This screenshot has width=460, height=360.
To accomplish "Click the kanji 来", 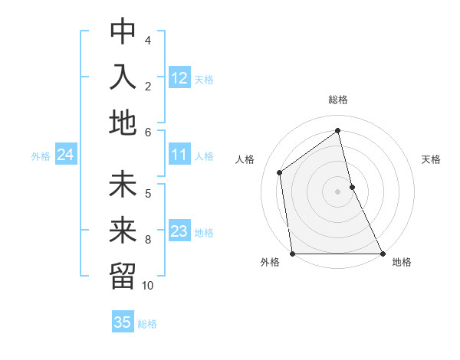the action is click(123, 231).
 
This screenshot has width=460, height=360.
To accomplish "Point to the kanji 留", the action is click(123, 276).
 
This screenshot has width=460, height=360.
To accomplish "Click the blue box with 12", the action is click(179, 78).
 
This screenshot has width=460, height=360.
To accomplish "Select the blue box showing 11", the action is click(179, 155).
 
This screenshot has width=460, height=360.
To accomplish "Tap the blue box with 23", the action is click(179, 232).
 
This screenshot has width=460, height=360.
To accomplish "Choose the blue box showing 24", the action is click(65, 155).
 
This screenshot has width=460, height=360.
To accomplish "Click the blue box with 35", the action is click(123, 322).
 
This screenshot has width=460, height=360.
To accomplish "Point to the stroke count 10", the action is click(148, 286).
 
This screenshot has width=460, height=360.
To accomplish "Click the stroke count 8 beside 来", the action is click(148, 240).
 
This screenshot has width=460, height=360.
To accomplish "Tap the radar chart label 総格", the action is click(338, 100).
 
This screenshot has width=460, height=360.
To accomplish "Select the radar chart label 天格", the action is click(432, 159).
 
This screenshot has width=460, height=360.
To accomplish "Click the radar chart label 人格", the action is click(245, 159).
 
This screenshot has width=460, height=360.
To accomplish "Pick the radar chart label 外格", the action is click(270, 263).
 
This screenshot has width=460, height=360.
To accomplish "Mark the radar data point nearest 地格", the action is click(382, 253).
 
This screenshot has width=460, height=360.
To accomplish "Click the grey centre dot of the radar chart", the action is click(338, 191).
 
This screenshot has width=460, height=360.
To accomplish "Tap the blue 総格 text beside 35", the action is click(147, 324).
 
